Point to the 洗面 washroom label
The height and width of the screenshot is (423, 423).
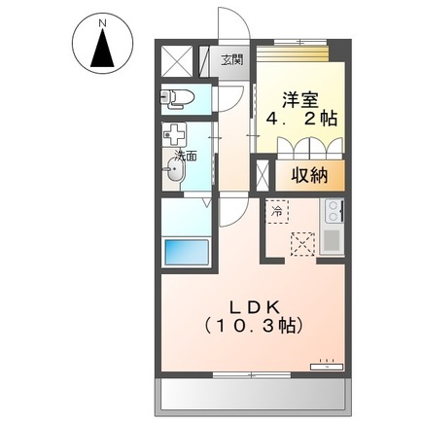tap(186, 155)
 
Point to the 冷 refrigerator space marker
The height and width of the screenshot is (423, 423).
tap(276, 209)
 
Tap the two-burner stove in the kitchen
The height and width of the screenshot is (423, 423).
tap(333, 210)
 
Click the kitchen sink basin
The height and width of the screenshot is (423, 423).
tap(331, 238)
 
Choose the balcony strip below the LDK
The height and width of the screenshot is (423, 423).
tap(248, 395)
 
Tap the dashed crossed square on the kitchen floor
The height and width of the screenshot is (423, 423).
tap(302, 242)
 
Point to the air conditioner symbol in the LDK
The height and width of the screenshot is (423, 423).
tap(325, 366)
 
